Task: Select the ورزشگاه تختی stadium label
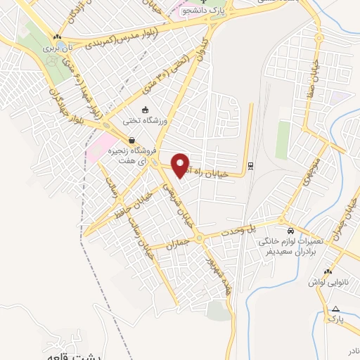coord(145,121)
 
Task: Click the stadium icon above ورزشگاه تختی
coord(145,110)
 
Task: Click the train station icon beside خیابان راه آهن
coord(249,166)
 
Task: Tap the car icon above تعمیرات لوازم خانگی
coord(290,231)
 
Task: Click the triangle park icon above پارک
coord(335,309)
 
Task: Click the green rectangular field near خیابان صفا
coord(283,140)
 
